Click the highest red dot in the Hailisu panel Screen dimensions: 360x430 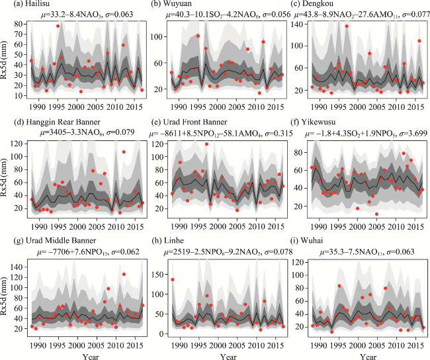tap(58, 26)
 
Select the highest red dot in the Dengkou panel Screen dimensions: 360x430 tap(347, 26)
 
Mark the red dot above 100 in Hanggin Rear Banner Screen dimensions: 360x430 tap(124, 152)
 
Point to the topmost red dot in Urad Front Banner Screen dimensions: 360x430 tap(206, 144)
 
